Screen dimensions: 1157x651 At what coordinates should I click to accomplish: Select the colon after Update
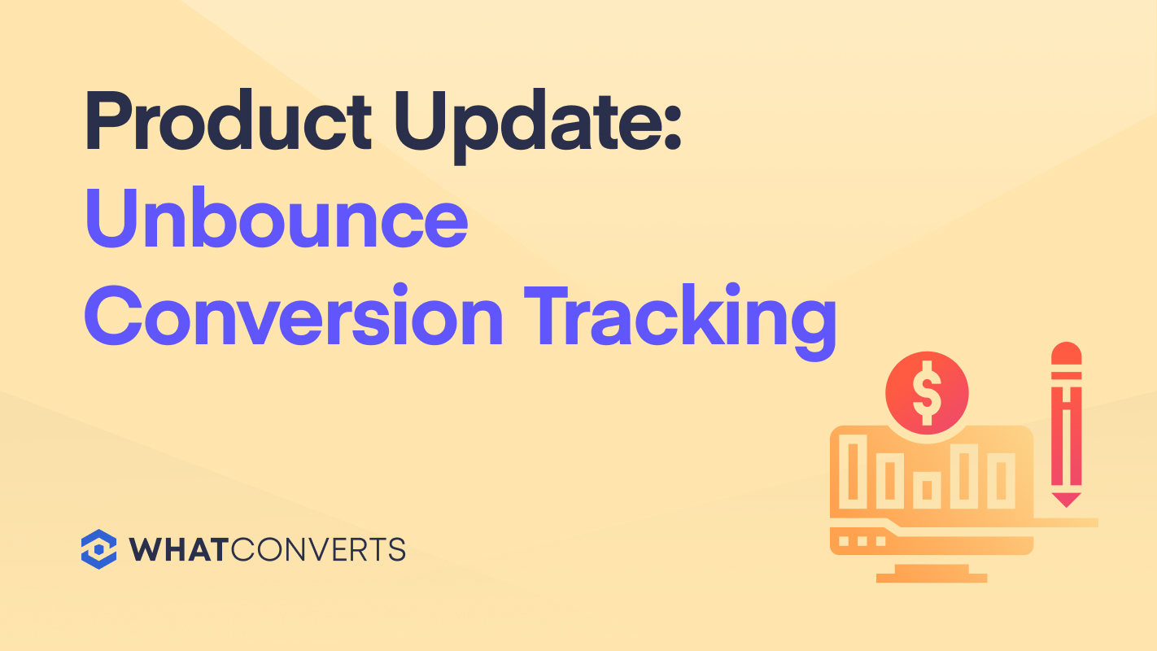(x=672, y=127)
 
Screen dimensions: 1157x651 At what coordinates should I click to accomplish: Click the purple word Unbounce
(x=277, y=217)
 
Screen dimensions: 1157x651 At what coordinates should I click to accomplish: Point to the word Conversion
(x=294, y=315)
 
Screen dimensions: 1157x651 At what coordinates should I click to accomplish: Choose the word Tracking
(x=680, y=321)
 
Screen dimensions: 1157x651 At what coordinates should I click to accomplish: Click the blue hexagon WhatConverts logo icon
(x=98, y=549)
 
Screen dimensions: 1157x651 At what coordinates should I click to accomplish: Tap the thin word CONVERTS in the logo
(x=318, y=549)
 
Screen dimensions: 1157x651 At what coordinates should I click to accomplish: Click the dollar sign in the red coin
(x=928, y=393)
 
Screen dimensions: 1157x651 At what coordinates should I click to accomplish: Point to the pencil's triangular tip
(x=1067, y=499)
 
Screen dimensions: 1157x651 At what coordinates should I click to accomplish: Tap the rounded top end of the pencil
(x=1067, y=353)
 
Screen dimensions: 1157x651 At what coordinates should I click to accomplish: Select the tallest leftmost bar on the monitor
(x=853, y=471)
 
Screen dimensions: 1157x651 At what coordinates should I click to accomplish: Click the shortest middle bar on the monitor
(x=927, y=490)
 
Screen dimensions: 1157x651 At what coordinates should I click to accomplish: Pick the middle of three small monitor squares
(x=862, y=541)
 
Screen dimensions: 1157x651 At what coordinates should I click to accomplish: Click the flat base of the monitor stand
(x=932, y=578)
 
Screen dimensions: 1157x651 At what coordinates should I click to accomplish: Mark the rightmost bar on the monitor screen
(x=1001, y=481)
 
